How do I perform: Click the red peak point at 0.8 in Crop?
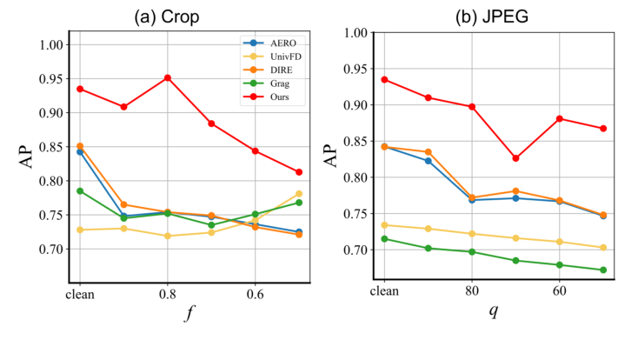tap(167, 77)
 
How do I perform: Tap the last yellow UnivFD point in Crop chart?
tap(299, 194)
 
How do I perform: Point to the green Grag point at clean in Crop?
tap(80, 190)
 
